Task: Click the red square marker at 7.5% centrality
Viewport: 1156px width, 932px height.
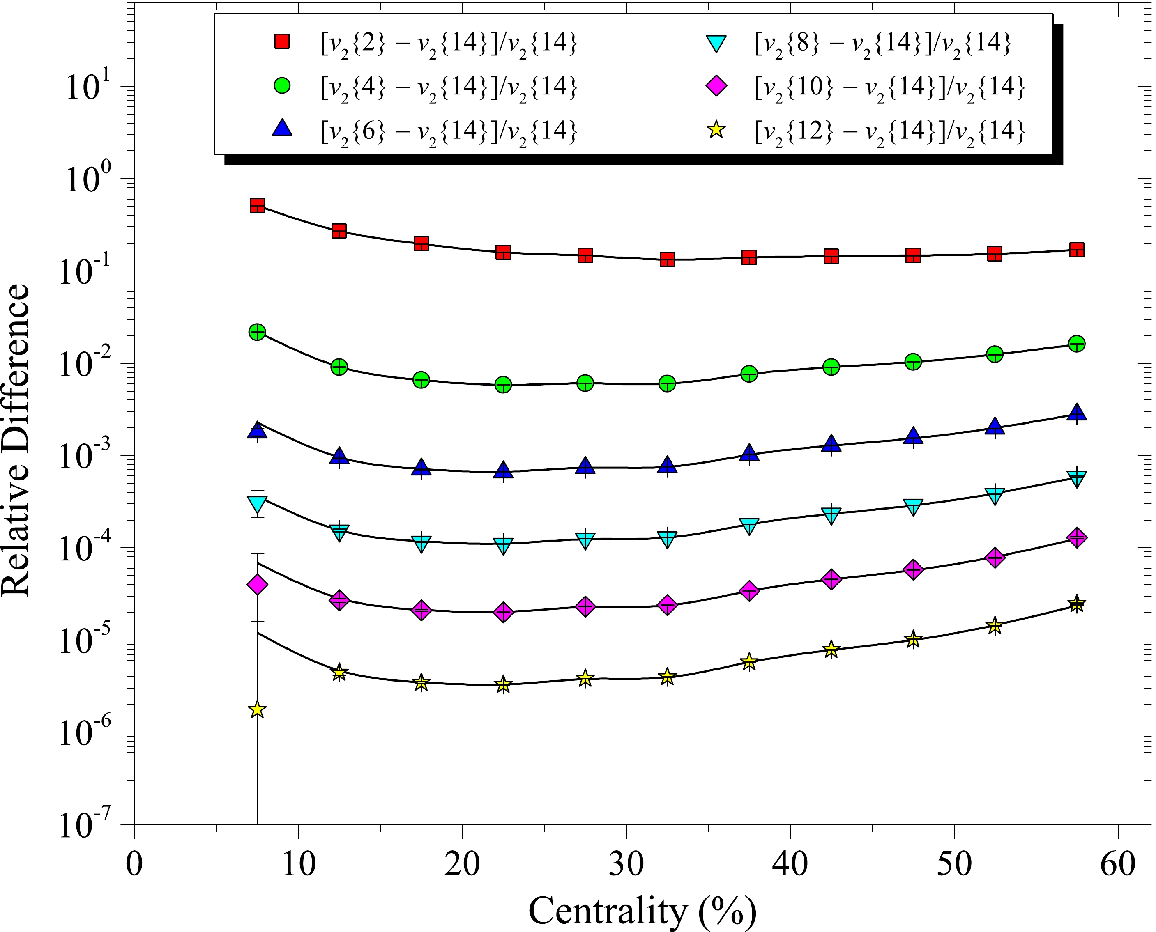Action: click(x=257, y=205)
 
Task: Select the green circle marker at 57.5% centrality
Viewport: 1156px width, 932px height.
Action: click(x=1076, y=344)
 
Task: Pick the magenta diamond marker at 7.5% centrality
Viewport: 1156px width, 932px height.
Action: click(x=257, y=584)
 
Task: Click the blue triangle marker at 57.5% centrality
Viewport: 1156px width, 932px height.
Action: click(x=1076, y=412)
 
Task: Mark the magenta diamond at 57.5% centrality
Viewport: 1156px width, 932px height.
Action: click(x=1076, y=537)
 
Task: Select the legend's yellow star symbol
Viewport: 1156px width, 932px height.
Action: click(x=716, y=130)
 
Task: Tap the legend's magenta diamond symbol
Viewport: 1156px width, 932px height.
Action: click(x=716, y=85)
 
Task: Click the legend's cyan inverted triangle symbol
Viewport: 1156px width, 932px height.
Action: click(x=716, y=43)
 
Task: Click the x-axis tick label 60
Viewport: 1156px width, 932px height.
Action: click(x=1117, y=864)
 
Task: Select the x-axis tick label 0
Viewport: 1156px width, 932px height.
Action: click(x=134, y=864)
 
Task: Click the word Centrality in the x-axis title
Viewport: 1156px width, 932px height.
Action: click(x=608, y=910)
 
